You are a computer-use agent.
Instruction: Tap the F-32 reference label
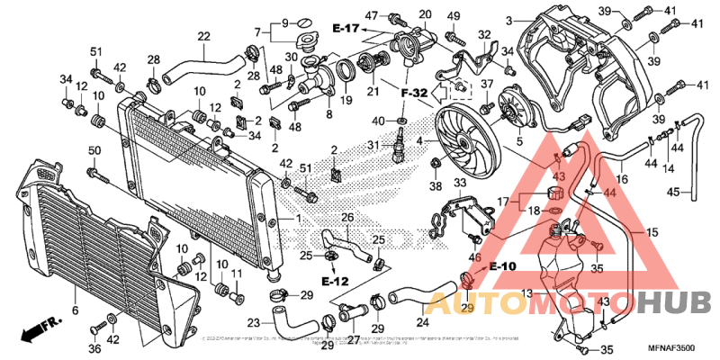click(414, 92)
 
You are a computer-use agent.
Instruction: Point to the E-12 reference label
click(336, 281)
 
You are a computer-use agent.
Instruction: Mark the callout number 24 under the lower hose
click(422, 319)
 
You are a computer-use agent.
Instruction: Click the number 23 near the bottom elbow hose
click(254, 321)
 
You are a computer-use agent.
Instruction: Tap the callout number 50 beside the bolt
click(94, 149)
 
